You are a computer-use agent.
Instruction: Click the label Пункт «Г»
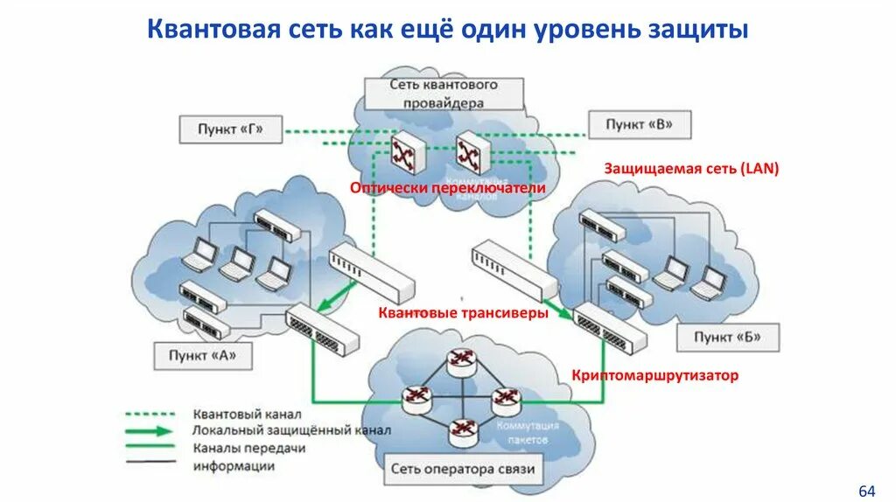point(229,129)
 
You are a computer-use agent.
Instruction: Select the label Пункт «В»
point(640,124)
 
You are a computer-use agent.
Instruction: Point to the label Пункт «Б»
point(726,337)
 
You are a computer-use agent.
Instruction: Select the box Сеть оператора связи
point(464,470)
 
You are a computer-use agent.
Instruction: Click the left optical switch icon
point(407,155)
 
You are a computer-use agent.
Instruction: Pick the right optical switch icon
point(467,154)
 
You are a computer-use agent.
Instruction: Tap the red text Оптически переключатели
point(448,188)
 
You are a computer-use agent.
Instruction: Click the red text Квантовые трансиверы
point(464,312)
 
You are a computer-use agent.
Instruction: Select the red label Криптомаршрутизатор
point(655,375)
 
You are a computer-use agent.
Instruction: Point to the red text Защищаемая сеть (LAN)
point(691,168)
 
